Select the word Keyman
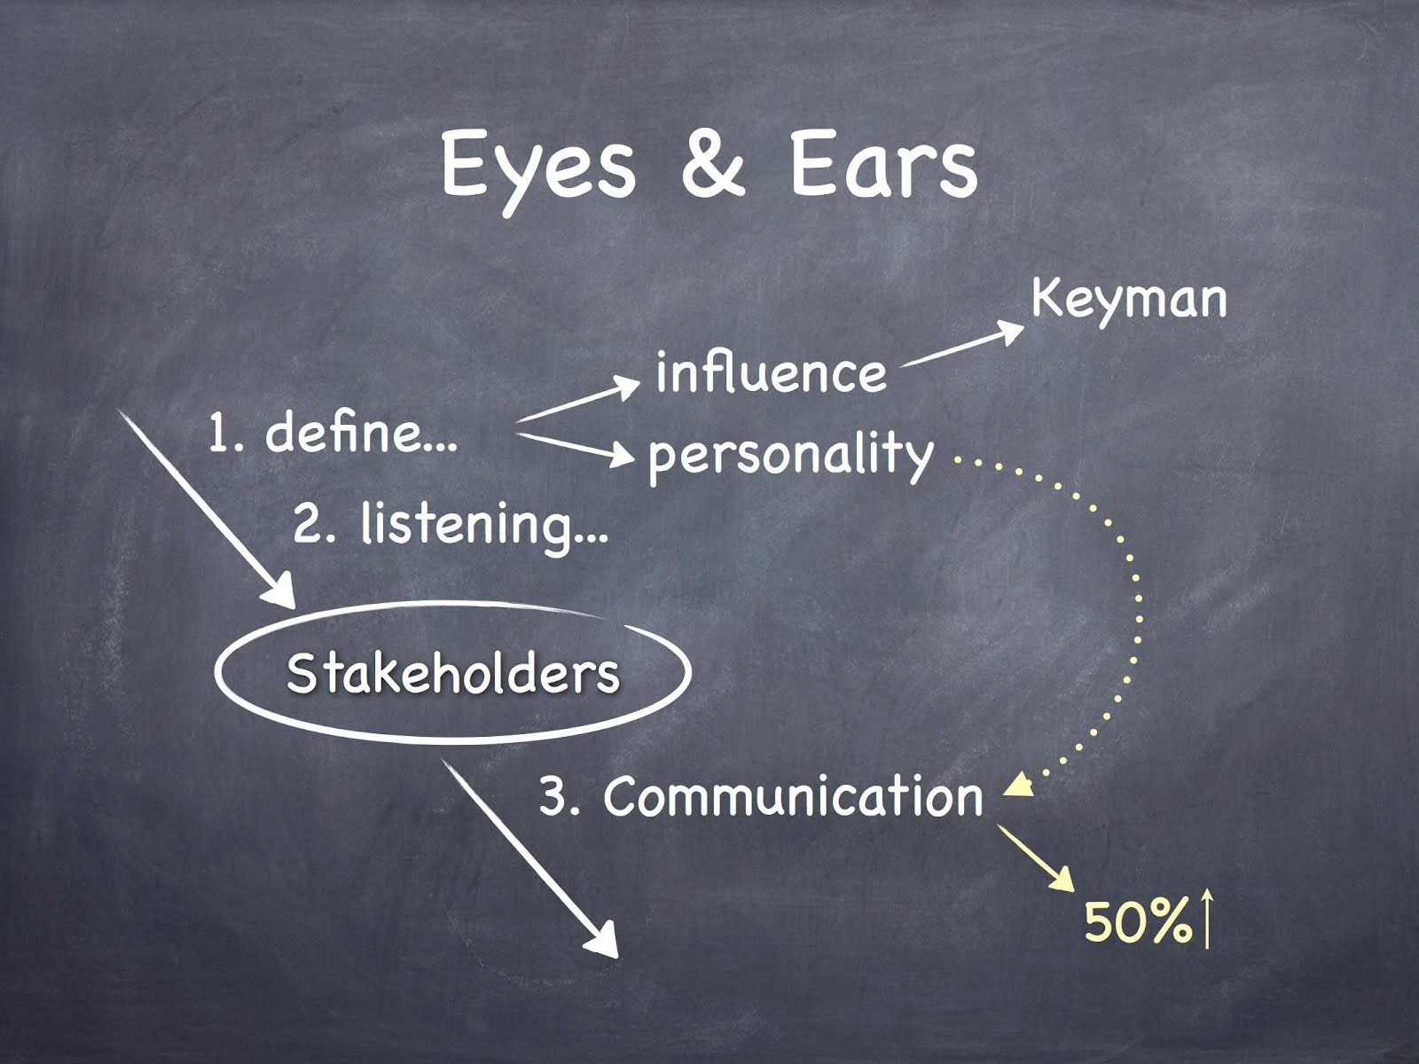pyautogui.click(x=1129, y=300)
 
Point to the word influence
pyautogui.click(x=771, y=373)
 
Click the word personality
pyautogui.click(x=790, y=456)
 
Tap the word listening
pyautogui.click(x=483, y=525)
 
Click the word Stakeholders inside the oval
pyautogui.click(x=453, y=673)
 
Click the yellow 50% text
pyautogui.click(x=1138, y=923)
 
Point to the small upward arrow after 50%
pyautogui.click(x=1206, y=919)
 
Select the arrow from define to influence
pyautogui.click(x=578, y=401)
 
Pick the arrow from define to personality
pyautogui.click(x=575, y=447)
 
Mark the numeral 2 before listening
pyautogui.click(x=311, y=525)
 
